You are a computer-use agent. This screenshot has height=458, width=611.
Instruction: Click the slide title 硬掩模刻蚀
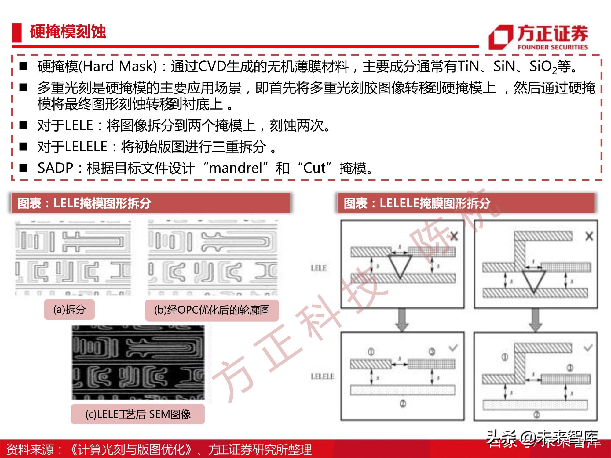pos(68,32)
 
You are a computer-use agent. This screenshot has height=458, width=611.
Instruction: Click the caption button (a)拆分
pos(69,310)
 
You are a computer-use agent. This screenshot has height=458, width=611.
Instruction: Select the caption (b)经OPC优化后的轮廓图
pos(212,310)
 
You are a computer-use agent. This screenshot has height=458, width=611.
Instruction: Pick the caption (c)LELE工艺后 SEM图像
pos(138,414)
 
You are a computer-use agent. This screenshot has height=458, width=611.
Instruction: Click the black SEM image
pos(138,363)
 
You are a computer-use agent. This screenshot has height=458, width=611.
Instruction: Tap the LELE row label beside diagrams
pos(319,268)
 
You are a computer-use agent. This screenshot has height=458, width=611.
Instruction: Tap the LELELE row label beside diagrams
pos(322,376)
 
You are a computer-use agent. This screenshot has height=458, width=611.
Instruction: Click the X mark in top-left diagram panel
pos(454,236)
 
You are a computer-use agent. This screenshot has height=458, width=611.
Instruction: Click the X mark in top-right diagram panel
pos(589,236)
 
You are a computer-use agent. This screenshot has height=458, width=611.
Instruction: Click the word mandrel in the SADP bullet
pos(236,168)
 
